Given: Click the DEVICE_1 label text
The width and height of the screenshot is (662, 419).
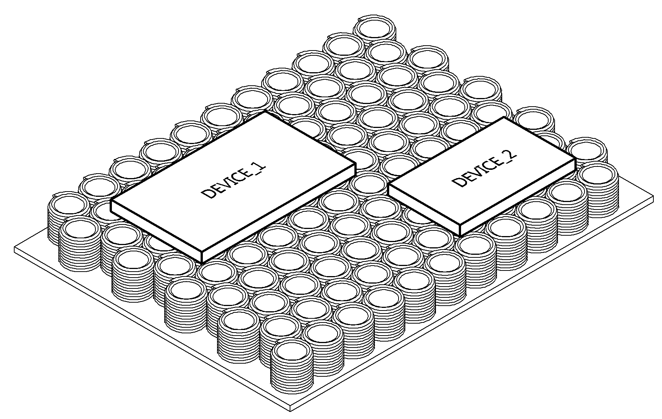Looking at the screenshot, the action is pos(234,181).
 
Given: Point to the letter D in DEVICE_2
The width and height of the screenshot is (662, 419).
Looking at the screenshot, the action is pos(458,181).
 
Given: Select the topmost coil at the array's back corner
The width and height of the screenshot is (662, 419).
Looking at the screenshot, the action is pos(375,28).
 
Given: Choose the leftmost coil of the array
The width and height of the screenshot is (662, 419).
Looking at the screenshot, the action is pos(69,217).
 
